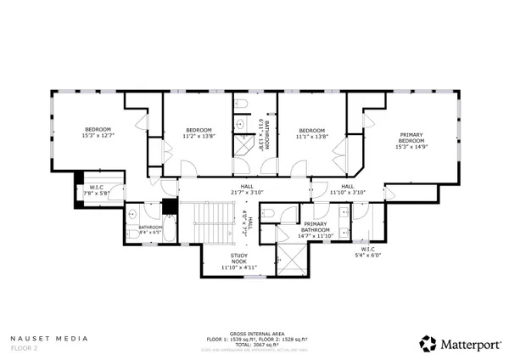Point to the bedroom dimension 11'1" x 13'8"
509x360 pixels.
312,137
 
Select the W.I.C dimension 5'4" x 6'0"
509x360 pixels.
370,255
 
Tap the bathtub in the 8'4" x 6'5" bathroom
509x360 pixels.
166,229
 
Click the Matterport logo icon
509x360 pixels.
428,343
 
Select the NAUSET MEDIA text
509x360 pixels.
49,338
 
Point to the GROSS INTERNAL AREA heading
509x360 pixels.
255,334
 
